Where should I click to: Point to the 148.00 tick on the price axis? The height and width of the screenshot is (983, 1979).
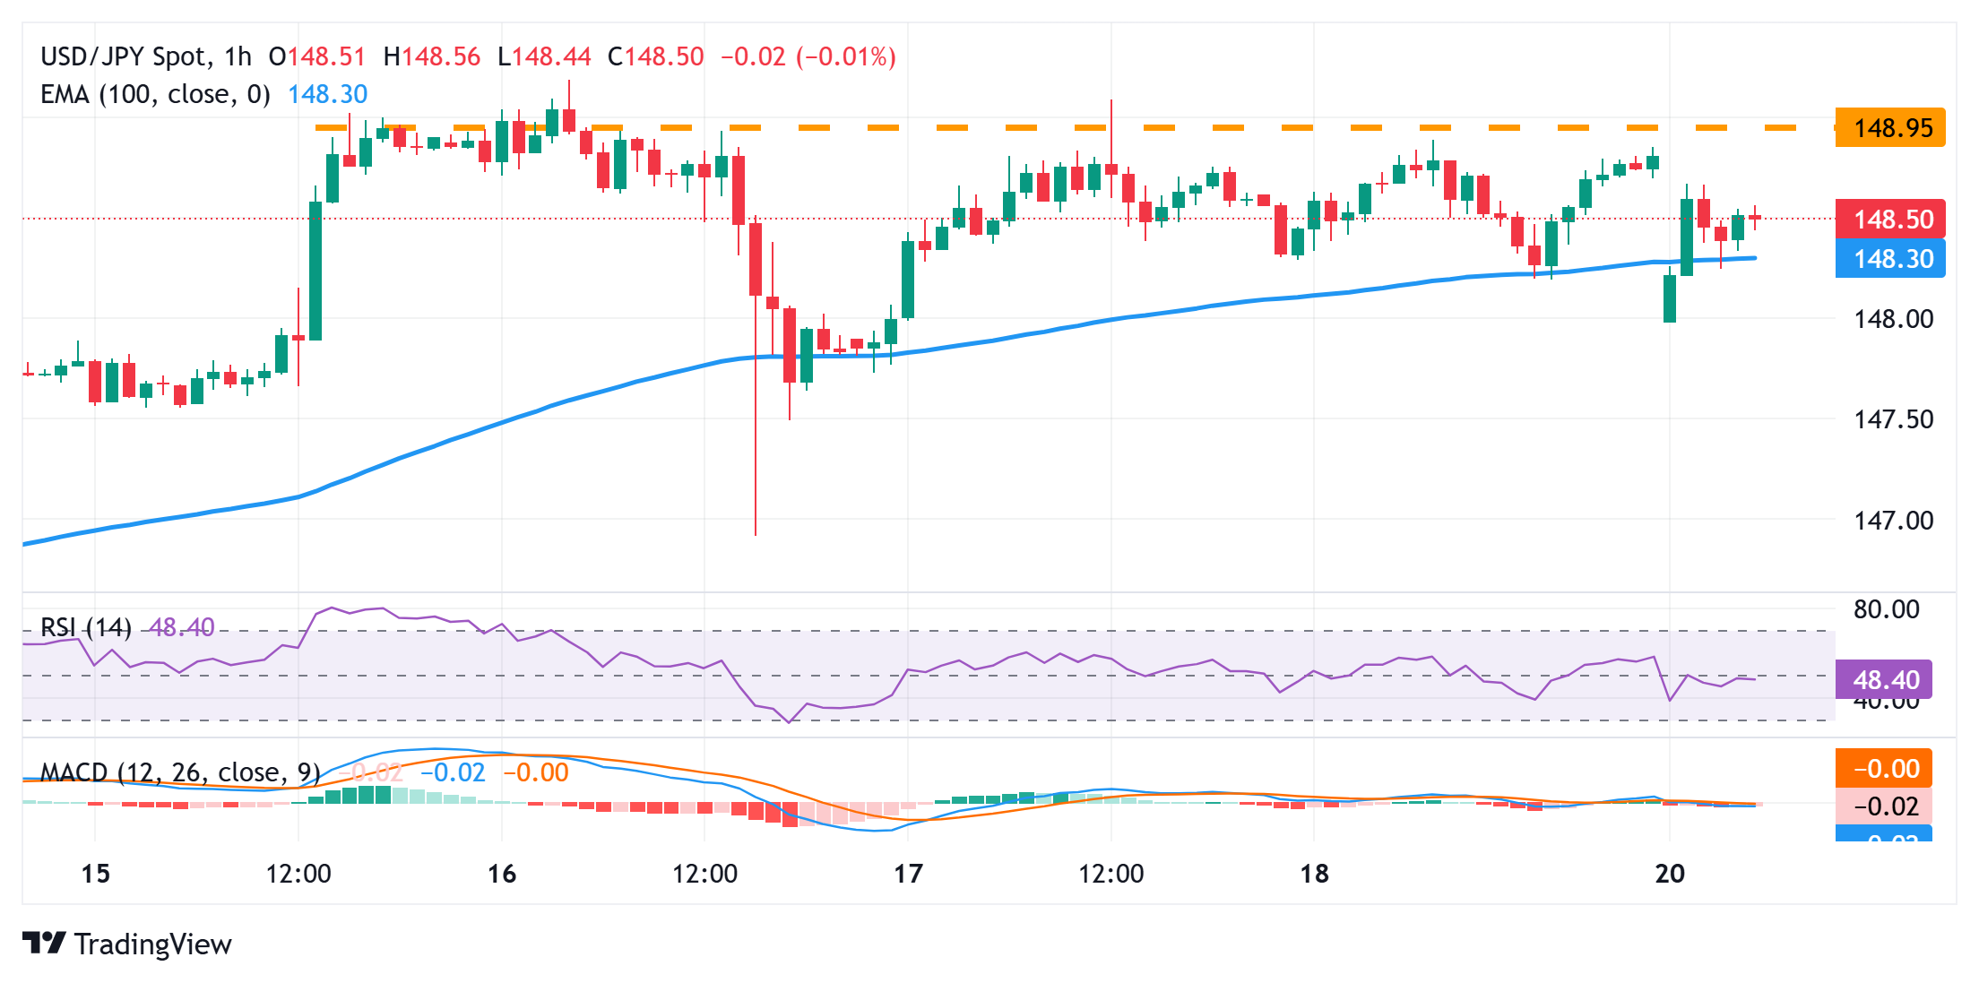point(1893,319)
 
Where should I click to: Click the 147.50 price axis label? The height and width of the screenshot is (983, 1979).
point(1893,419)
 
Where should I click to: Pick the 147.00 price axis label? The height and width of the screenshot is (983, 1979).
point(1893,521)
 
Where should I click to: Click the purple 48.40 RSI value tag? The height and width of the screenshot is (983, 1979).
point(1884,680)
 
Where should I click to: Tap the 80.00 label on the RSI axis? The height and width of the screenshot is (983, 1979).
point(1886,609)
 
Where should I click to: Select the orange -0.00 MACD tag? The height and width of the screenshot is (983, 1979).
point(1884,769)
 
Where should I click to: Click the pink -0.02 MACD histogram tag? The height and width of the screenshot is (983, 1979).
point(1884,806)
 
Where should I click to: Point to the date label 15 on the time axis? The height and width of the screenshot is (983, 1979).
point(95,874)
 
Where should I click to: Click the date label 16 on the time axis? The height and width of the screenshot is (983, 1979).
point(502,874)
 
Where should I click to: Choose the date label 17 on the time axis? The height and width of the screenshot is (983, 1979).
point(908,874)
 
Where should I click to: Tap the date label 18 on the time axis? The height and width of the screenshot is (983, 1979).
point(1314,874)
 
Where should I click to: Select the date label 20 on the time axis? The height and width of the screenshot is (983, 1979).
point(1670,874)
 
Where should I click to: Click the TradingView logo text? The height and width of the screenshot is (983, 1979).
point(152,944)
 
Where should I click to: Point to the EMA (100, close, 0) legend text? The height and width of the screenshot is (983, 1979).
point(155,95)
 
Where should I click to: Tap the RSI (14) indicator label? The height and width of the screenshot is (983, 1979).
point(86,627)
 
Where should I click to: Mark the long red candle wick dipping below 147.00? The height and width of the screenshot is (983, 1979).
point(756,448)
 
